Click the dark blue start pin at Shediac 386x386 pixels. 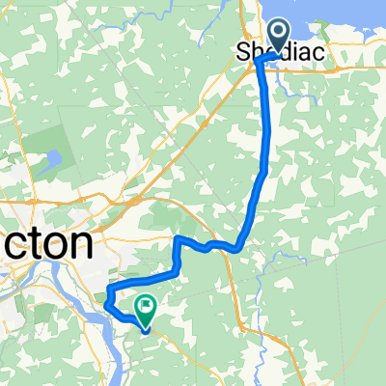coord(277,36)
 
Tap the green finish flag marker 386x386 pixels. coord(146,308)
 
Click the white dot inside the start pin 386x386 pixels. coord(277,34)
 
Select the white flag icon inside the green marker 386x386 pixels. coord(146,308)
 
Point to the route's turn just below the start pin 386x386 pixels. coord(264,62)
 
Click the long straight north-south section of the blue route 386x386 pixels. coord(265,116)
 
